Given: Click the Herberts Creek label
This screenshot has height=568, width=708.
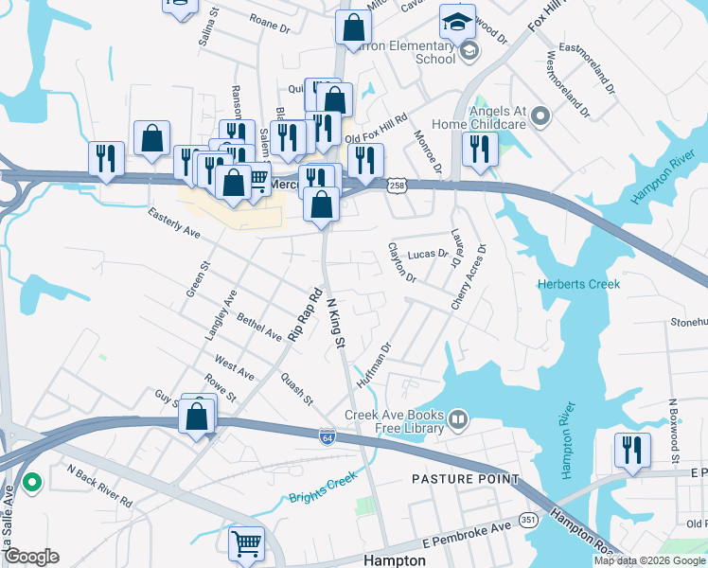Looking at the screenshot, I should click(x=576, y=285).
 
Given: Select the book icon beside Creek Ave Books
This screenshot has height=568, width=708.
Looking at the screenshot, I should click(x=459, y=417).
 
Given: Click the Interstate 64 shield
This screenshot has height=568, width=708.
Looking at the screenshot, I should click(x=326, y=436).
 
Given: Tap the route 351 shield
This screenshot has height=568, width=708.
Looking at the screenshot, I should click(x=527, y=520).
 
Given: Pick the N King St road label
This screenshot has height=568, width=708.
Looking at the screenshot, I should click(x=334, y=322).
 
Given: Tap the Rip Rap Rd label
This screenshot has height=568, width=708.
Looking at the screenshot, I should click(x=306, y=315).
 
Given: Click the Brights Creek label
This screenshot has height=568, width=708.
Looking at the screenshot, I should click(x=320, y=485).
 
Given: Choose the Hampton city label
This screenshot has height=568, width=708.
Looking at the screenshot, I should click(x=394, y=560).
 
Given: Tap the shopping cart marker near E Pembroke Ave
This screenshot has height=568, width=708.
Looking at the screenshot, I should click(x=246, y=543).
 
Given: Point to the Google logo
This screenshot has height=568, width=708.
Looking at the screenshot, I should click(x=31, y=557).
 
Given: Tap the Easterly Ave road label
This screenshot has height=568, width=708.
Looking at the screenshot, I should click(x=174, y=223).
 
